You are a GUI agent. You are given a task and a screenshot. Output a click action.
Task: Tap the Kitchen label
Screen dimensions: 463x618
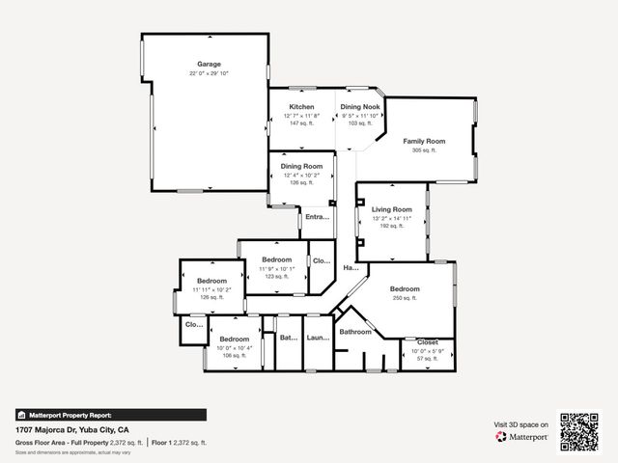click(302, 106)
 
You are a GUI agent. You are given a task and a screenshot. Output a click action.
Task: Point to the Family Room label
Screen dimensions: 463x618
click(424, 141)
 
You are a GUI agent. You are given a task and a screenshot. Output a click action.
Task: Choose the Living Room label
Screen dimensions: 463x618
click(392, 209)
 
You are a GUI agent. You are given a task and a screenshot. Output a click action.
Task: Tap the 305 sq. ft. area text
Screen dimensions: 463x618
click(424, 150)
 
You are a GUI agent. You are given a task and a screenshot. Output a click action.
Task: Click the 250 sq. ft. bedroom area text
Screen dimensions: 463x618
click(405, 299)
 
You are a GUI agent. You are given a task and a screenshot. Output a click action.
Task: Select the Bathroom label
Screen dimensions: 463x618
click(354, 332)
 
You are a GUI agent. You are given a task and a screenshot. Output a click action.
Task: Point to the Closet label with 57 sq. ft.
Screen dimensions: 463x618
click(427, 342)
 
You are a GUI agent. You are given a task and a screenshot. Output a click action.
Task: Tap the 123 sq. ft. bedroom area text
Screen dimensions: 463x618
click(277, 277)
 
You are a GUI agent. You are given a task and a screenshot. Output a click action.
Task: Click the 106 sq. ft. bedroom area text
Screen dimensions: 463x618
click(234, 356)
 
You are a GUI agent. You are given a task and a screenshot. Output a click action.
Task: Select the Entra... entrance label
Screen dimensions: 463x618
click(317, 217)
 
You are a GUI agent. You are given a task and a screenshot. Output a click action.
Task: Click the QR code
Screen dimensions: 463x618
click(580, 431)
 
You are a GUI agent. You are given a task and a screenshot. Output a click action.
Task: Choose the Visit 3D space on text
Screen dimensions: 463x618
click(521, 424)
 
